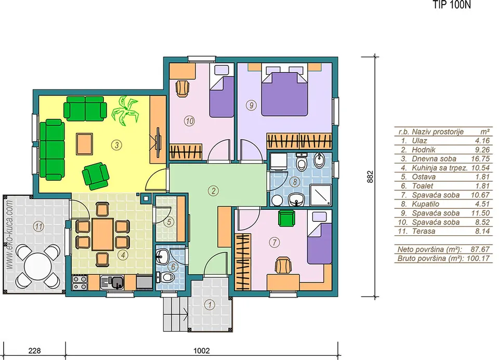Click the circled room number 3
coord(117,145)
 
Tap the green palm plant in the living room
coord(125,110)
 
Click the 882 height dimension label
coord(370,177)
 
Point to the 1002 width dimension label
coord(202,351)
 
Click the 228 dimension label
coord(34,351)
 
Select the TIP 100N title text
coord(451,5)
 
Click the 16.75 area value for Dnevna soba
coord(480,158)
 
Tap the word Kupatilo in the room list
coord(426,204)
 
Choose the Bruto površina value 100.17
coord(478,258)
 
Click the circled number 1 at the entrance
coord(209,305)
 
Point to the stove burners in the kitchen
coord(80,283)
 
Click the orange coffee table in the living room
coord(84,144)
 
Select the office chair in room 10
coord(182,88)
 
